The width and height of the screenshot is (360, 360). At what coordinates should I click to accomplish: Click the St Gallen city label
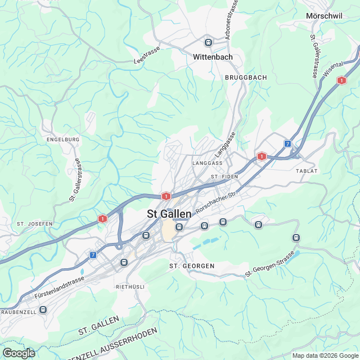pyautogui.click(x=169, y=214)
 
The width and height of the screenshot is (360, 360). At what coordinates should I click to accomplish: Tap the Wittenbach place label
pyautogui.click(x=213, y=57)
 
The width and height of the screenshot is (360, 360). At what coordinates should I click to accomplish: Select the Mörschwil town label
pyautogui.click(x=324, y=16)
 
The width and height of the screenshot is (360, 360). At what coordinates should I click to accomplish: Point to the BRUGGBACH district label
pyautogui.click(x=245, y=76)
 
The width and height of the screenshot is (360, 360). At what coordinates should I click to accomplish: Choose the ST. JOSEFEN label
pyautogui.click(x=34, y=223)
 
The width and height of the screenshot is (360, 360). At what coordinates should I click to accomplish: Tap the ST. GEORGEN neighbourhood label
pyautogui.click(x=192, y=265)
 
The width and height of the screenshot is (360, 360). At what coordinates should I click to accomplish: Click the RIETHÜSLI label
pyautogui.click(x=130, y=286)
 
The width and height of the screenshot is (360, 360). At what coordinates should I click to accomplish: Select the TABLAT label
pyautogui.click(x=307, y=170)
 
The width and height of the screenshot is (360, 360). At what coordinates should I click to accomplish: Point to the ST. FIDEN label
pyautogui.click(x=224, y=177)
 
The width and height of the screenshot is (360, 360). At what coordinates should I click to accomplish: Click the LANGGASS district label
pyautogui.click(x=208, y=163)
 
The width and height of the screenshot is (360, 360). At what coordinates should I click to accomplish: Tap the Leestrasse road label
pyautogui.click(x=147, y=56)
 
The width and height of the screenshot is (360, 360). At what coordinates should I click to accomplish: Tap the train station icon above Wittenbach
pyautogui.click(x=208, y=42)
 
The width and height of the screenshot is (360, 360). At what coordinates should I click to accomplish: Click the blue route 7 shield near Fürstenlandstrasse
pyautogui.click(x=93, y=255)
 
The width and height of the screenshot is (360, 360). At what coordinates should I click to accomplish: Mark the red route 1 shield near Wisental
pyautogui.click(x=341, y=80)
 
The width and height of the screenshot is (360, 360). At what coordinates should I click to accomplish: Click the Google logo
pyautogui.click(x=18, y=353)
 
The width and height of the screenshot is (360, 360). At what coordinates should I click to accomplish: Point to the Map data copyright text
pyautogui.click(x=325, y=355)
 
